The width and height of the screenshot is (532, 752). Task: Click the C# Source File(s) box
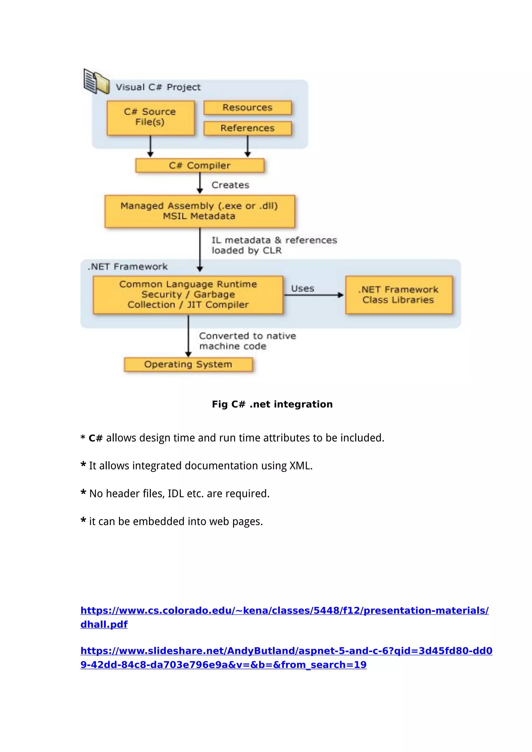click(150, 118)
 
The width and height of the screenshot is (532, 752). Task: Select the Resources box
click(247, 108)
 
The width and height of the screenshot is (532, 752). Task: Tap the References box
click(247, 128)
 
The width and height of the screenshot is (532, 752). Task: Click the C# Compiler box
click(199, 165)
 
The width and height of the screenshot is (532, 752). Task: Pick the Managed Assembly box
click(199, 211)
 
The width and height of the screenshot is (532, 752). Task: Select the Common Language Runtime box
click(188, 294)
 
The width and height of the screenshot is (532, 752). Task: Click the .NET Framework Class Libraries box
click(399, 294)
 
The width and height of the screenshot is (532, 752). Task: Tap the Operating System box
click(188, 364)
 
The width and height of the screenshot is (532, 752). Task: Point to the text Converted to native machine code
click(247, 341)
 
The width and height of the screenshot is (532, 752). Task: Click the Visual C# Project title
click(158, 87)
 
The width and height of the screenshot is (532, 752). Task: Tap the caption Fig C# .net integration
click(272, 404)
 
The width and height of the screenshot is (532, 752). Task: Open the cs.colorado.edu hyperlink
click(284, 610)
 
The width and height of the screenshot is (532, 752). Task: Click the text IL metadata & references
click(274, 240)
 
